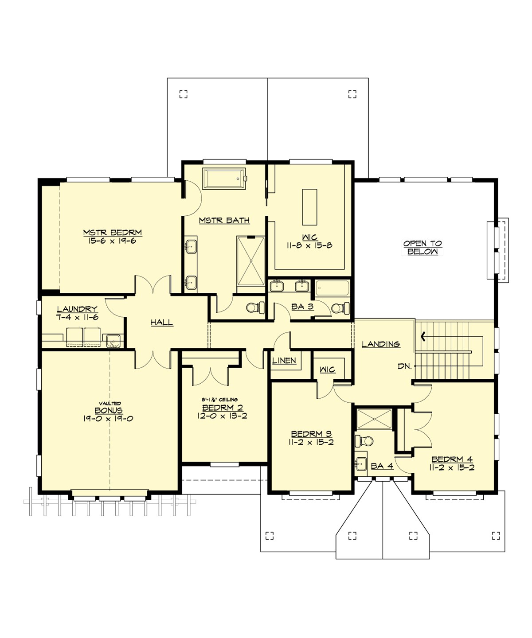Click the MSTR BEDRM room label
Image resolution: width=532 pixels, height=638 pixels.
pos(113,233)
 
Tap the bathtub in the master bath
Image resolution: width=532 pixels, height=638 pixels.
pos(224,179)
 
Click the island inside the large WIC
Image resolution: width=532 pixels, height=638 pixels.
pos(310,207)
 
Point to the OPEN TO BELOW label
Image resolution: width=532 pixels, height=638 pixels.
pos(422,247)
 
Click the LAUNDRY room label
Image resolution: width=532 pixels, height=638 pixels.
pos(77,309)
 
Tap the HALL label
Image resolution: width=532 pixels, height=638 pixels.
pos(161,323)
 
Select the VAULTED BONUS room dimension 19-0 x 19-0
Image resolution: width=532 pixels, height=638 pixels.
pos(108,419)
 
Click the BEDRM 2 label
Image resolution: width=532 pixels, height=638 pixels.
pos(222,408)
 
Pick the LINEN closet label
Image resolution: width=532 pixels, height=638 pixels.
pos(284,361)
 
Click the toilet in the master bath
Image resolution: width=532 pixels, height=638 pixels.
pos(255,307)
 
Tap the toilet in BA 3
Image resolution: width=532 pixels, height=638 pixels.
pos(340,307)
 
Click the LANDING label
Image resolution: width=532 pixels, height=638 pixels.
pos(381,344)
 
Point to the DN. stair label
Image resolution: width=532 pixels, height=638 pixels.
pos(404,366)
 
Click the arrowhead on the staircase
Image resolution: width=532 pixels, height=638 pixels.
pos(423,337)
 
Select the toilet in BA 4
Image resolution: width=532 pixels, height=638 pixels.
pos(365,441)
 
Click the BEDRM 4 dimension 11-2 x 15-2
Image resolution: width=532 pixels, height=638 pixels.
pos(452,467)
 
